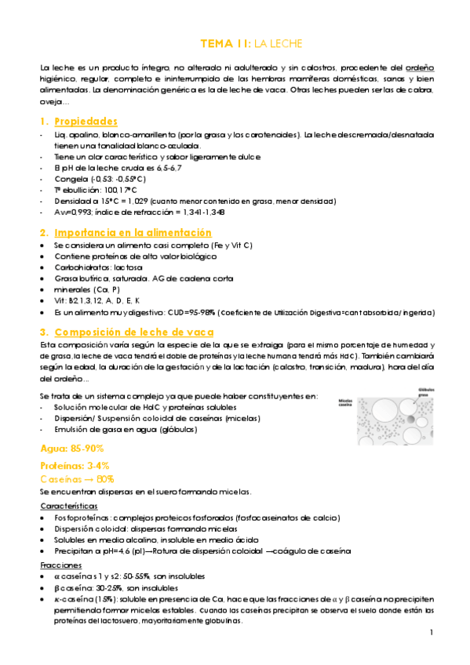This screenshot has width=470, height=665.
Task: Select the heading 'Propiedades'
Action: (86, 122)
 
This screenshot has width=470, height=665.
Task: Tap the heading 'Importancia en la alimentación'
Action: (133, 233)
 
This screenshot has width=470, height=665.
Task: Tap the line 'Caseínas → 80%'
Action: (78, 478)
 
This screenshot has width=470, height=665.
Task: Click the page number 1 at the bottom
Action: (432, 633)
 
